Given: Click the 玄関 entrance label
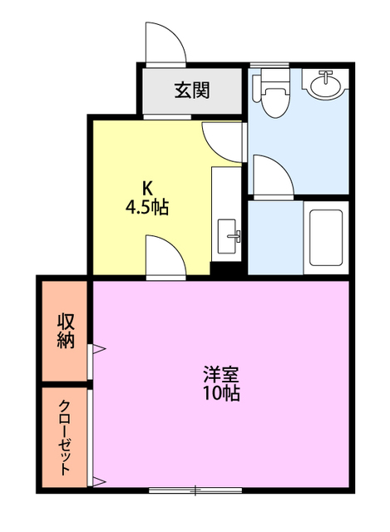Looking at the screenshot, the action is coord(192,91).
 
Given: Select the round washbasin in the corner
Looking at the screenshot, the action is coord(326,84).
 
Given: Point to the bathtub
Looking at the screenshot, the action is coord(326,238).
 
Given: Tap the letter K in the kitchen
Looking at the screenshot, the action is coord(146,186).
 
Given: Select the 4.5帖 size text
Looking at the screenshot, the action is coord(147,207).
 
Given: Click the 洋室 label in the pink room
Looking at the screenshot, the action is coord(221,375).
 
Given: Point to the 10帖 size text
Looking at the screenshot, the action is coord(221,393).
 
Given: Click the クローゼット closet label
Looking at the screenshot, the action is coord(65,437).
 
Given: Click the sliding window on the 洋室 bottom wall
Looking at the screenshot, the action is coord(195,490).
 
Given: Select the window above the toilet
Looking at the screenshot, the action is coord(269,65).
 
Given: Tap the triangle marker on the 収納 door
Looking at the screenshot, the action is coord(100,348).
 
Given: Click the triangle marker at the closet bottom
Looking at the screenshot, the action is coord(100,481).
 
